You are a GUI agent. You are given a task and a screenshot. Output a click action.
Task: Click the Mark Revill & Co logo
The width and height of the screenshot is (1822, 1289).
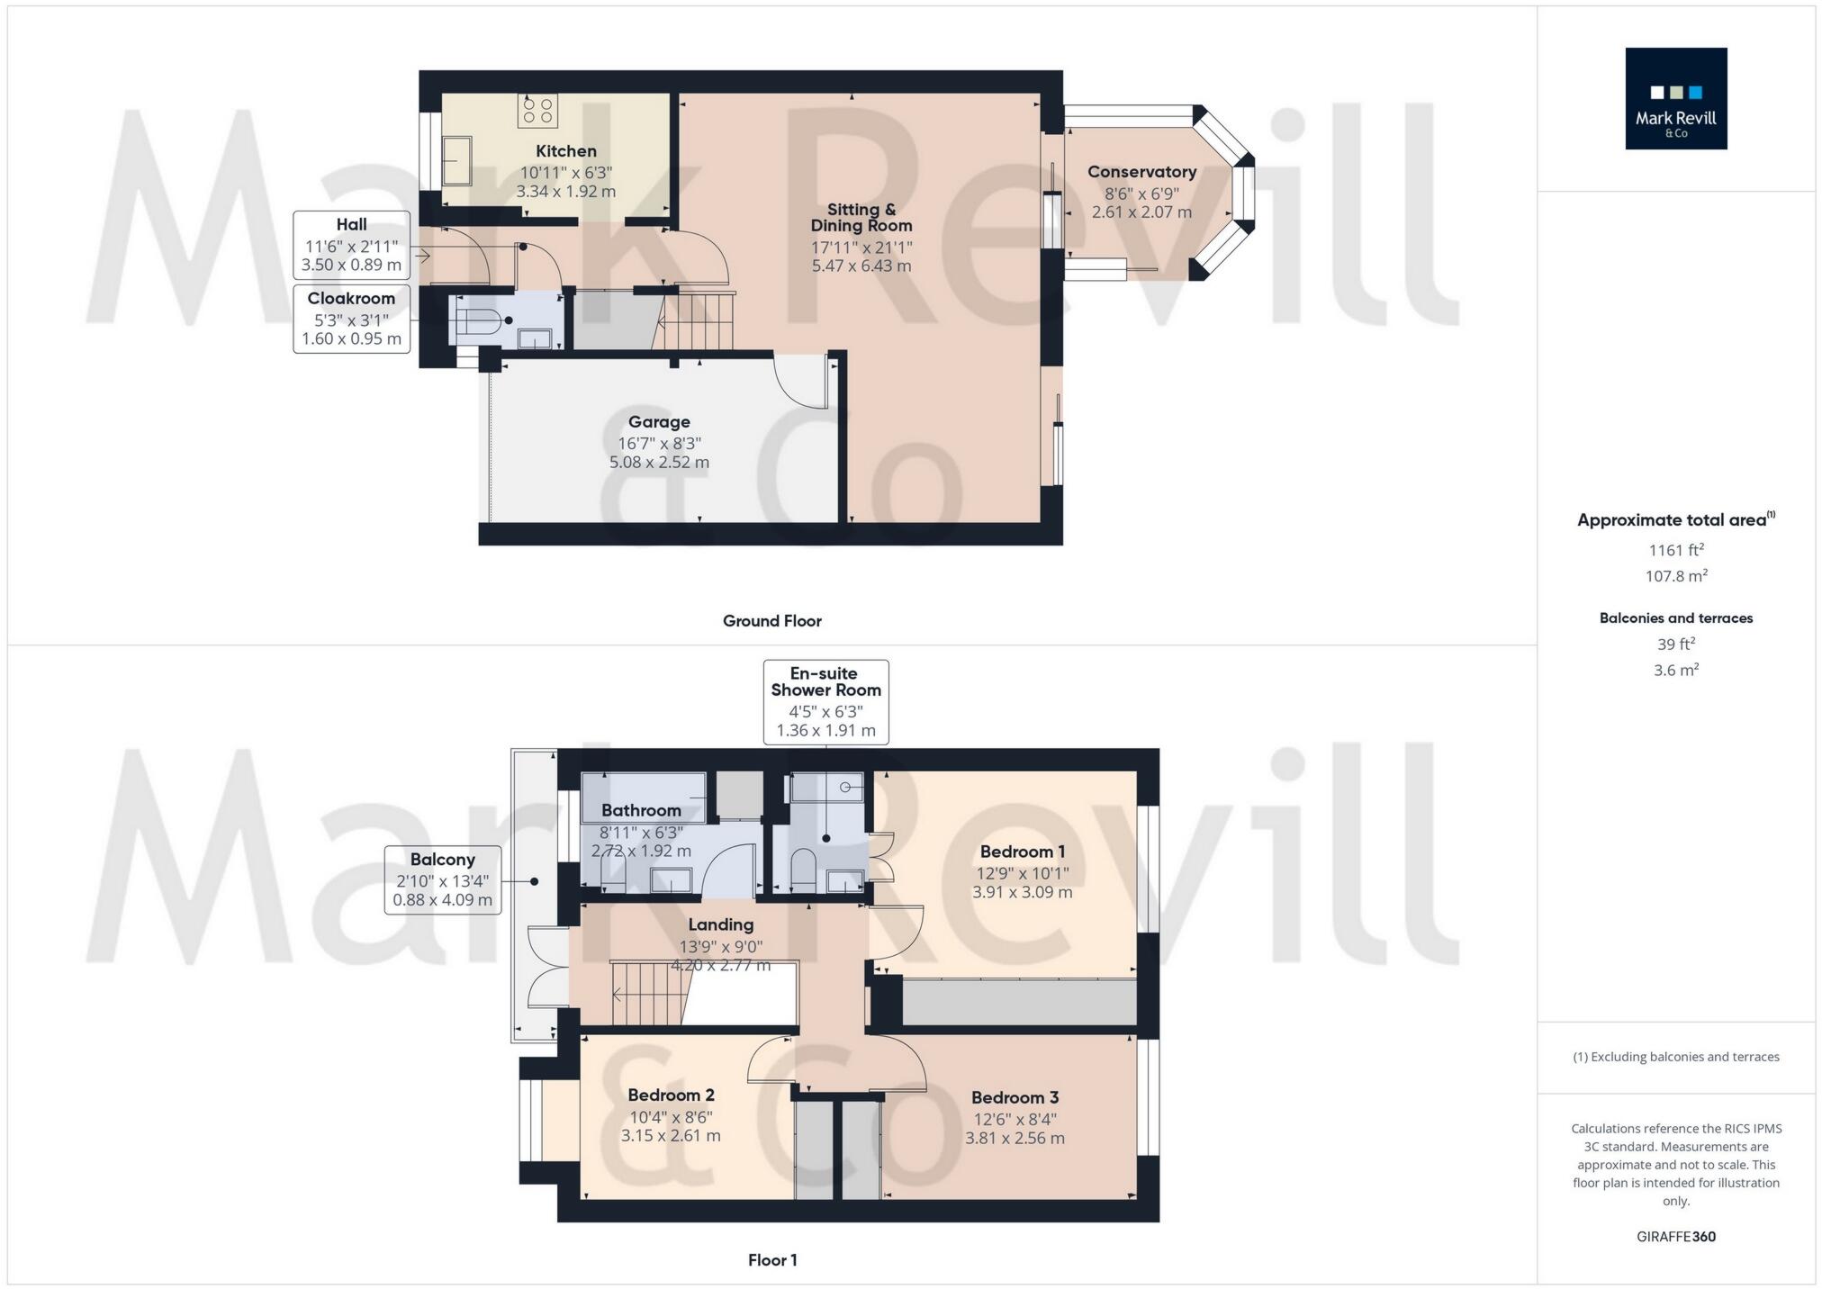pyautogui.click(x=1675, y=98)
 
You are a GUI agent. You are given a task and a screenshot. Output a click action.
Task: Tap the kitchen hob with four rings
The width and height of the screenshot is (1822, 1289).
pyautogui.click(x=537, y=111)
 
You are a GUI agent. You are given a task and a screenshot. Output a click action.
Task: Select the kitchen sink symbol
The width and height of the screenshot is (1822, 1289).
pyautogui.click(x=458, y=160)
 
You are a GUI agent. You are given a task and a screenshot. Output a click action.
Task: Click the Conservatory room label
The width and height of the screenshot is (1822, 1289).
pyautogui.click(x=1141, y=172)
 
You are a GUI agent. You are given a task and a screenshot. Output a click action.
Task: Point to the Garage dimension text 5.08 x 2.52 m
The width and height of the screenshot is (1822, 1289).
pyautogui.click(x=659, y=463)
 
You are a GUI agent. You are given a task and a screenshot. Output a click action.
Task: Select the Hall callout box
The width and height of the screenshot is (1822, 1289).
pyautogui.click(x=351, y=245)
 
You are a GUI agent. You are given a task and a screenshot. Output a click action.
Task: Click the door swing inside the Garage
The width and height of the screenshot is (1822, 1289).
pyautogui.click(x=801, y=383)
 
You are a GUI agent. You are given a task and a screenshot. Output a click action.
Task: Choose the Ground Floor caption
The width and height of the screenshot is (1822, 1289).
pyautogui.click(x=771, y=621)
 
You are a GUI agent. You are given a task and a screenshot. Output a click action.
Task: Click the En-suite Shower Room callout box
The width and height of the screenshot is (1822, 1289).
pyautogui.click(x=825, y=702)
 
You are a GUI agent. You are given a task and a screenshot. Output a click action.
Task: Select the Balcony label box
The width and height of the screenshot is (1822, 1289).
pyautogui.click(x=442, y=879)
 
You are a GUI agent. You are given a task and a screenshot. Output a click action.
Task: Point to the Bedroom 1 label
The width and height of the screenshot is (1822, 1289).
pyautogui.click(x=1022, y=852)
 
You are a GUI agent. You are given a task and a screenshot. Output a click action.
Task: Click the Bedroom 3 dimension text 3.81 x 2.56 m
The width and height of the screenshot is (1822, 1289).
pyautogui.click(x=1015, y=1139)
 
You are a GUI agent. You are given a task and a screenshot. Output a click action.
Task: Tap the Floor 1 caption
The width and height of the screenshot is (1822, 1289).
pyautogui.click(x=771, y=1260)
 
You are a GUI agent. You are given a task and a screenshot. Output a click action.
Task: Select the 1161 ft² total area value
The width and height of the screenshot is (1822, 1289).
pyautogui.click(x=1675, y=550)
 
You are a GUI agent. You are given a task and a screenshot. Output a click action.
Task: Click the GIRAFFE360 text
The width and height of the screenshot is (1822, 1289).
pyautogui.click(x=1675, y=1237)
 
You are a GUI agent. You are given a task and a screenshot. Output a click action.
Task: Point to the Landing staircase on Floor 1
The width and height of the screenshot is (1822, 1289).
pyautogui.click(x=650, y=994)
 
